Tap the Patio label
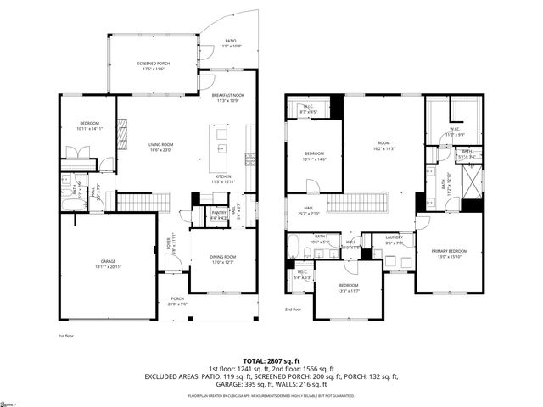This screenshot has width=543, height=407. pos(230,43)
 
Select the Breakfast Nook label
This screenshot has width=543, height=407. pos(231,98)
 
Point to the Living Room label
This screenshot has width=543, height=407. pos(161,147)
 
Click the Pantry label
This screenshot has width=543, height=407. pos(218,214)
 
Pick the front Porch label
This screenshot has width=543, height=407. pos(177,301)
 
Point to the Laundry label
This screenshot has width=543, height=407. pos(394,239)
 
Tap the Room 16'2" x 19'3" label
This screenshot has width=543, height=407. pos(383,145)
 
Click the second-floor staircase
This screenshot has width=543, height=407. pos(356,203)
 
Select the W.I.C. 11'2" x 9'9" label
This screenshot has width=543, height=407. pos(456,132)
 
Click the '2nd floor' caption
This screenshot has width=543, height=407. pos(294,309)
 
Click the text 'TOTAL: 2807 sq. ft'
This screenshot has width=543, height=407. pos(271,361)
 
